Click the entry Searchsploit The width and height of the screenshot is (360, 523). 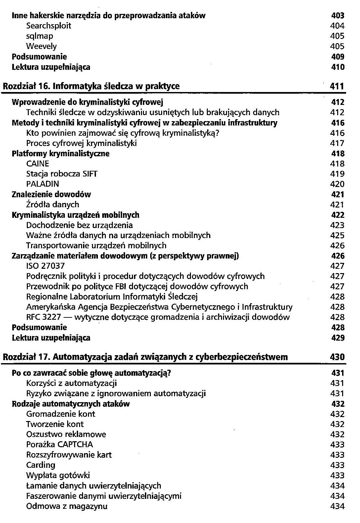point(49,26)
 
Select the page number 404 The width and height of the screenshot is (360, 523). point(337,26)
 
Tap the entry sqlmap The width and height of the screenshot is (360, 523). point(40,36)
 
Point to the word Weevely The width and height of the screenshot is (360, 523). point(41,46)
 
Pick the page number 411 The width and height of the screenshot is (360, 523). point(337,86)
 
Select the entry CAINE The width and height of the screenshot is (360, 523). point(37,164)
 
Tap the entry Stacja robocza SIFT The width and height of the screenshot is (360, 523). point(62,174)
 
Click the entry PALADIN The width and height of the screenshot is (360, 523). point(43,184)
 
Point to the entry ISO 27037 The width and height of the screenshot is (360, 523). point(45,266)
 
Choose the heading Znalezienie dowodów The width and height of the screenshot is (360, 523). point(51,194)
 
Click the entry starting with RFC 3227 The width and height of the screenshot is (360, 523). point(158,317)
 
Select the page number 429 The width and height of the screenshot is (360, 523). point(337,338)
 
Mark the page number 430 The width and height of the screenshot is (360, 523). point(337,357)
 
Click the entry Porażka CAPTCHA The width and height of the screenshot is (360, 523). point(60,445)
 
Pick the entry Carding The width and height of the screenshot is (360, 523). point(41,465)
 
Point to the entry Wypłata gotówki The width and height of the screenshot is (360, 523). point(58,475)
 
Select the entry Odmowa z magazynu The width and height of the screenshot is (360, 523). point(67,506)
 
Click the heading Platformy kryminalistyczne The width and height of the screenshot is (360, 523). point(61,154)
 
